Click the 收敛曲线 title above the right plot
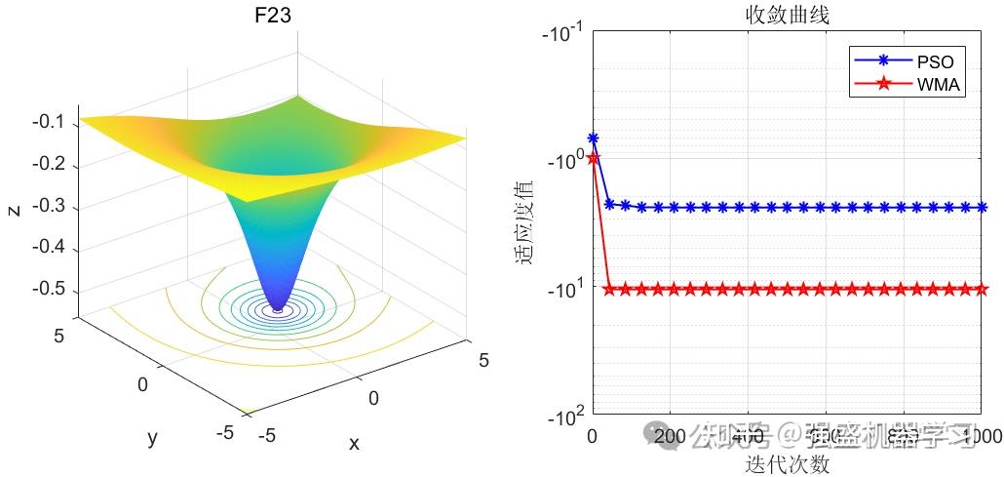coord(786,16)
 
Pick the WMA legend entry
coord(939,85)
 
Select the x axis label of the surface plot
coord(354,444)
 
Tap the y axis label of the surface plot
coord(152,438)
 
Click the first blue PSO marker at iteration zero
coord(593,139)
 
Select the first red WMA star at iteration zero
coord(593,158)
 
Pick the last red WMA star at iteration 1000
coord(981,289)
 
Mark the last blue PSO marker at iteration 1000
coord(981,207)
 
